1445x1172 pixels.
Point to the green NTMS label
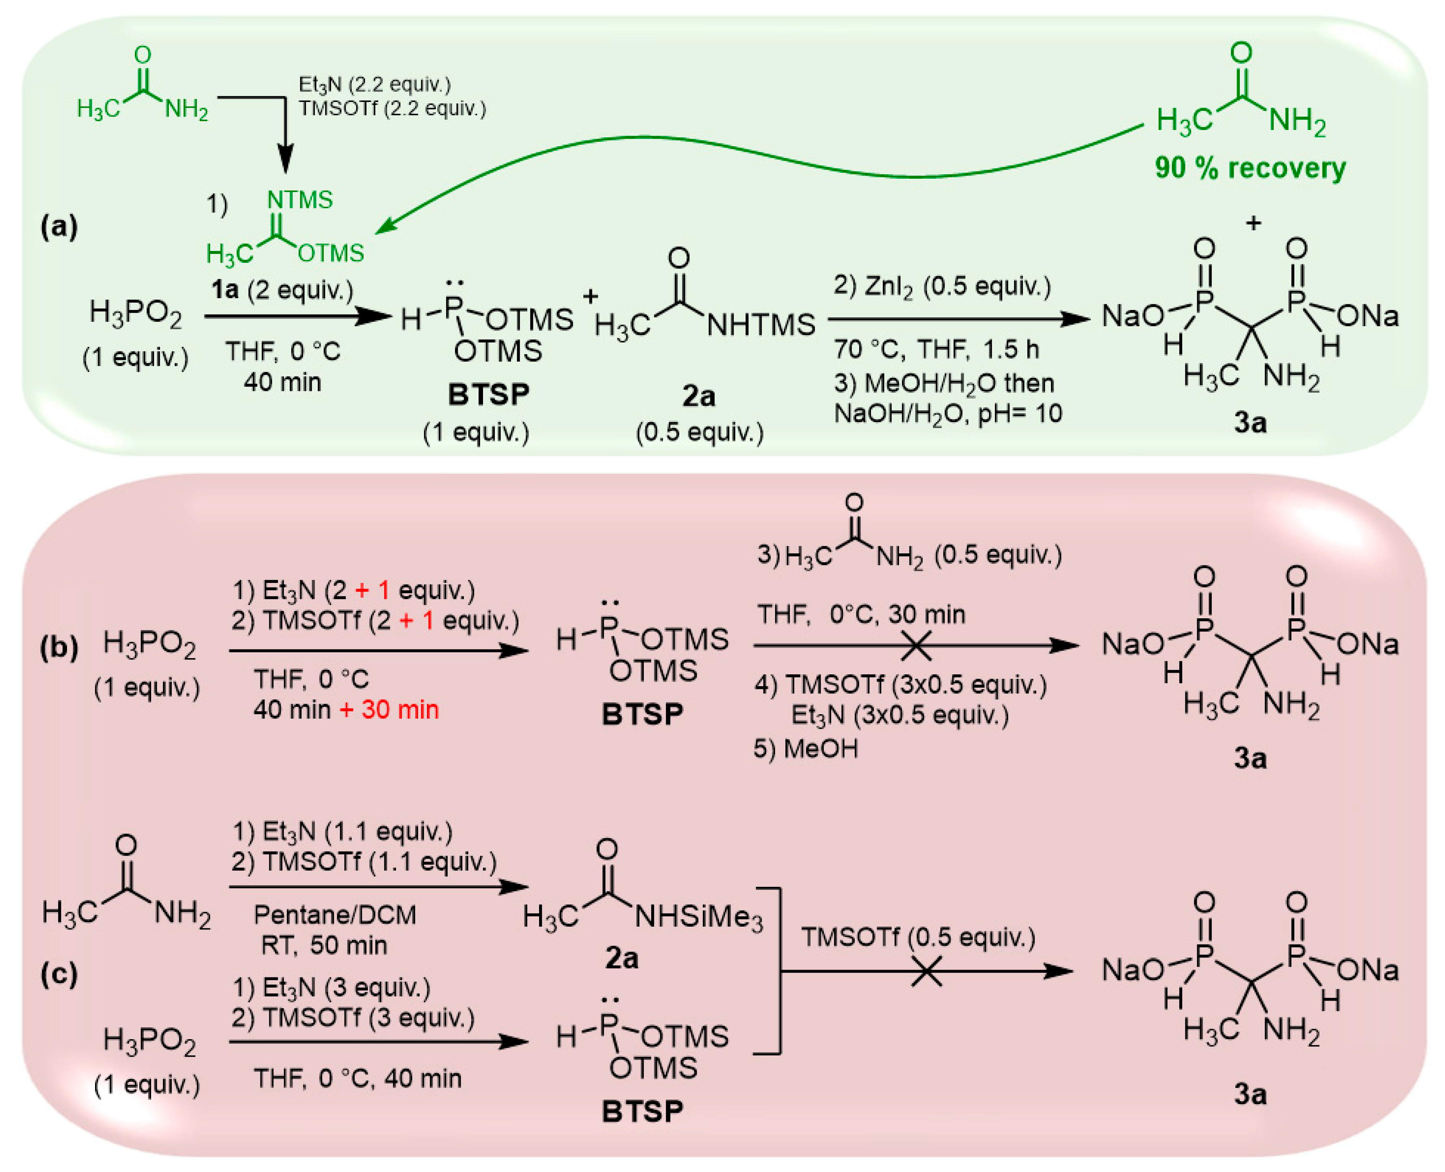[x=300, y=200]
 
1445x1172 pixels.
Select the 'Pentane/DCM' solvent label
[x=335, y=915]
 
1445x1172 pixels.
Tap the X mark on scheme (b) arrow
[x=916, y=646]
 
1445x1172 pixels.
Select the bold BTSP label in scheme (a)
[x=488, y=395]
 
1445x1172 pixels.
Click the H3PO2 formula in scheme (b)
[x=149, y=645]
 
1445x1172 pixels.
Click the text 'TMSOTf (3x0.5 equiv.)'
[x=901, y=685]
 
